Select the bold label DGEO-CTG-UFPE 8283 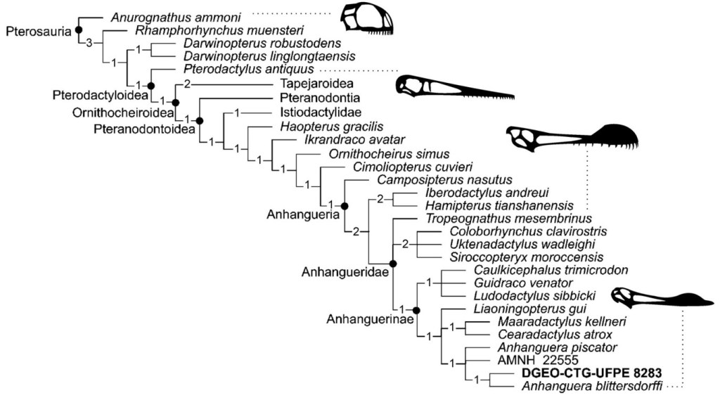pyautogui.click(x=590, y=372)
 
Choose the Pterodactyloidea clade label pyautogui.click(x=95, y=94)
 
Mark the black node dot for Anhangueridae pyautogui.click(x=392, y=264)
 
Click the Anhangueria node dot pyautogui.click(x=345, y=205)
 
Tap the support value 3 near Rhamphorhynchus pyautogui.click(x=89, y=44)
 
